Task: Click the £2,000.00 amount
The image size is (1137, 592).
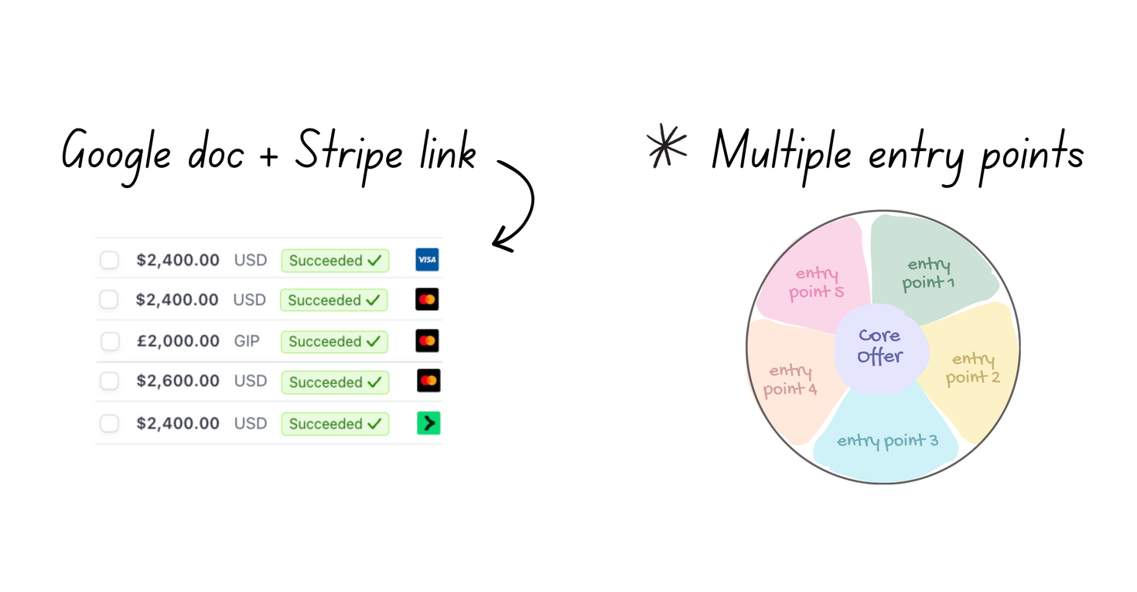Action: [178, 341]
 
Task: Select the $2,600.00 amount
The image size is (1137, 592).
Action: [178, 382]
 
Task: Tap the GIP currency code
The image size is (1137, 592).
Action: [247, 341]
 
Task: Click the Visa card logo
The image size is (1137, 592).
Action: [427, 260]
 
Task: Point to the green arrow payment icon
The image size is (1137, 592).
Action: [429, 423]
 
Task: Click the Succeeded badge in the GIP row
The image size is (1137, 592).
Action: [334, 341]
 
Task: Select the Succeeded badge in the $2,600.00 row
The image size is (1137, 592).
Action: [334, 382]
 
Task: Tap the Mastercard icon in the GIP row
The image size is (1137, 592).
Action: [427, 340]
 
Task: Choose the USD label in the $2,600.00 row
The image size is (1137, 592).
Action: [250, 382]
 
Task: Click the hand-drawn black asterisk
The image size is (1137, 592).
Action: [667, 145]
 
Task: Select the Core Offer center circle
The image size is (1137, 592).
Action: [879, 346]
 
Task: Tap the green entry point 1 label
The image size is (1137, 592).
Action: [928, 274]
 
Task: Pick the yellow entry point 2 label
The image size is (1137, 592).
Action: [973, 368]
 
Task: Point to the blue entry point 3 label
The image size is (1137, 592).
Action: [887, 441]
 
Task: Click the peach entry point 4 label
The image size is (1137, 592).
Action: [790, 380]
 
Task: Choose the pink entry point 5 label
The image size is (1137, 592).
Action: [816, 282]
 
